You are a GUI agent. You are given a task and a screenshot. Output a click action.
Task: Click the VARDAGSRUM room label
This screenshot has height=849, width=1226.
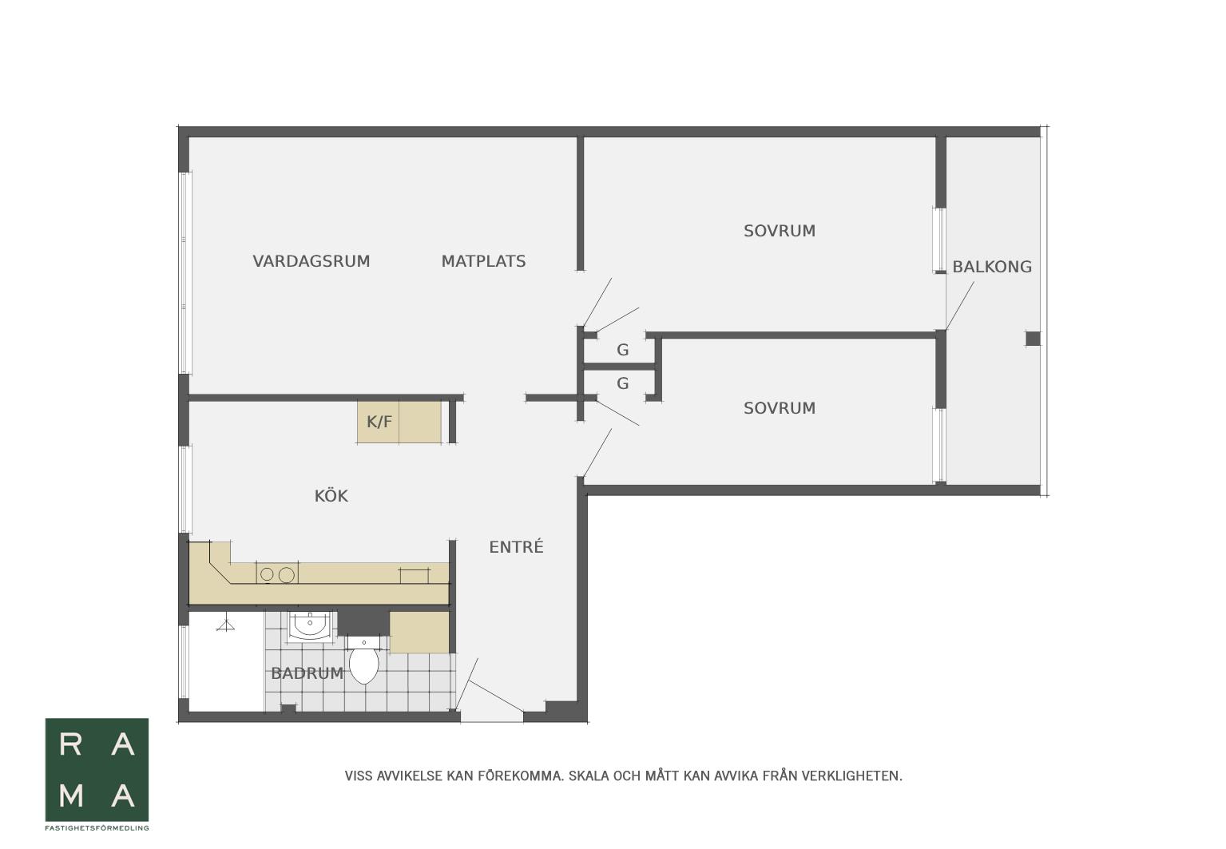click(x=311, y=261)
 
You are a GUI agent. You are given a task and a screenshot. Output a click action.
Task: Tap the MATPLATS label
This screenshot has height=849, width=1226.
click(x=483, y=261)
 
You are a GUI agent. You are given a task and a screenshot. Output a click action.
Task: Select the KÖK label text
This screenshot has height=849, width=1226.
click(x=331, y=495)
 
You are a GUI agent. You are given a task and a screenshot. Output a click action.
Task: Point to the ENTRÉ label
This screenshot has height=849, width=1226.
click(x=516, y=546)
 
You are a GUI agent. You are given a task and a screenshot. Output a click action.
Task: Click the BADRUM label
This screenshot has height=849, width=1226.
click(x=307, y=672)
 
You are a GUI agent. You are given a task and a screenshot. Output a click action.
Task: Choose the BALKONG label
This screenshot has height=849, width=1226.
click(x=992, y=267)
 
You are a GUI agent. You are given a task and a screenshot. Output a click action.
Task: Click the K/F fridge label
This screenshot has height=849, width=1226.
click(x=379, y=422)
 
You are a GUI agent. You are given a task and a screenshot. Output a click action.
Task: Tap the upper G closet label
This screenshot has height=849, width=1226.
click(x=622, y=350)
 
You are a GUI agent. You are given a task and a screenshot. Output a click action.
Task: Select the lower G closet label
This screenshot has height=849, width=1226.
click(x=622, y=383)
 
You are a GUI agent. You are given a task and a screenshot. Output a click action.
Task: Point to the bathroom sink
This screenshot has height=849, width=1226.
click(x=309, y=626)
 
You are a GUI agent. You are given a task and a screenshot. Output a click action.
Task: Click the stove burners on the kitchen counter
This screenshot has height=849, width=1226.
click(x=277, y=574)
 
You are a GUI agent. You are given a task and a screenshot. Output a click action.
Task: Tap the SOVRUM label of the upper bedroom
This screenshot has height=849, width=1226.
click(x=780, y=231)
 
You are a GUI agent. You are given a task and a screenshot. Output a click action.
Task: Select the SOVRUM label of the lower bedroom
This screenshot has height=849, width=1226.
click(x=780, y=408)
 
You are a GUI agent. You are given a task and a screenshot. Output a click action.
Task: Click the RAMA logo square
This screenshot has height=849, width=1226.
click(x=97, y=770)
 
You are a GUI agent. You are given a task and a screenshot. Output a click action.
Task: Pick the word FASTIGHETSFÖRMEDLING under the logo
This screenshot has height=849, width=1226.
click(x=97, y=827)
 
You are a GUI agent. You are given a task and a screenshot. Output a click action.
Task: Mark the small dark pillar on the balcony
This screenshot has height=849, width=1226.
click(x=1033, y=339)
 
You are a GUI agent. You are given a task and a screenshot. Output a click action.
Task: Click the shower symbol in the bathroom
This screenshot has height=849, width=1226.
click(x=225, y=625)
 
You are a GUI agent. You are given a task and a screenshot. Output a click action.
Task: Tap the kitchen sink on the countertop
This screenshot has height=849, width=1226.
click(x=415, y=575)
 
